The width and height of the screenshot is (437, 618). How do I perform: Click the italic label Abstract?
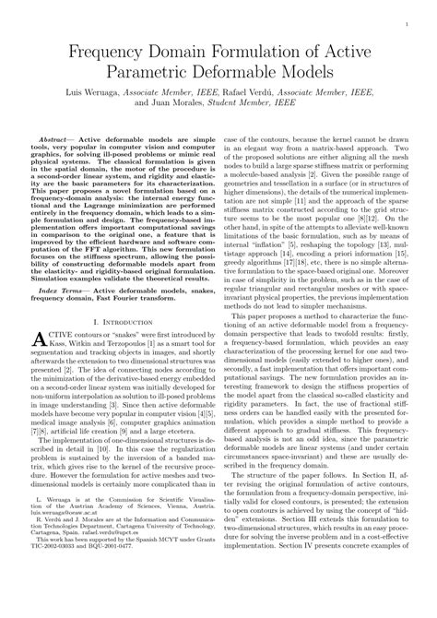click(x=59, y=135)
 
